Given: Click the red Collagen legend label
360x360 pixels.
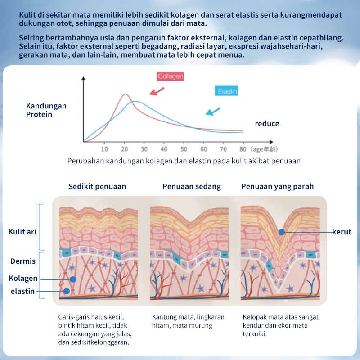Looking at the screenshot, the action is click(x=170, y=76).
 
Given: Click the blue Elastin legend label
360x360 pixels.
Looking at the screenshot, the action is click(x=227, y=91).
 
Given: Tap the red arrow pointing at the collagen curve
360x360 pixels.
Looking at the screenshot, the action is click(x=157, y=91).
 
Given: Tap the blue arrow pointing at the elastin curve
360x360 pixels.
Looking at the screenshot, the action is click(x=213, y=111).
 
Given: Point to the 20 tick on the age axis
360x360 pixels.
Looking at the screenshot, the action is click(x=124, y=149).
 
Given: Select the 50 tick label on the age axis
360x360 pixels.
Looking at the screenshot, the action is click(x=184, y=149).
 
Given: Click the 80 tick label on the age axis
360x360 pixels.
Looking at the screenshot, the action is click(x=243, y=149).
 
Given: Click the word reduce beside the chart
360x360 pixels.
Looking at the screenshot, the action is click(x=267, y=123).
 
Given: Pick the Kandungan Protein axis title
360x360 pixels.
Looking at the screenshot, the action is click(x=46, y=110).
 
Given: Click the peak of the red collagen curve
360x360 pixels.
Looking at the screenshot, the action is click(x=125, y=94).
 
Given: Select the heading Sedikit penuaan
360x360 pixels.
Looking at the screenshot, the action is click(x=97, y=186).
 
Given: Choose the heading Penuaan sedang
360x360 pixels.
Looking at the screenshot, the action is click(x=192, y=186).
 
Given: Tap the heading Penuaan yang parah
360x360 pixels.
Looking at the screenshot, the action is click(x=278, y=186).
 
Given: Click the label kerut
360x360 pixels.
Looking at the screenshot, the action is click(x=342, y=232).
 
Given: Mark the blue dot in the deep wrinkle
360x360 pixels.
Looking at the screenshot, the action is click(x=282, y=232).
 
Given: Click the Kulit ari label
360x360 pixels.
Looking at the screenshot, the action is click(x=22, y=232).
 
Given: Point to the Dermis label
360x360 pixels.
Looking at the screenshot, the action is click(x=23, y=261).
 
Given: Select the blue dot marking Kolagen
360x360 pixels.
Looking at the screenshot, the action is click(x=73, y=279).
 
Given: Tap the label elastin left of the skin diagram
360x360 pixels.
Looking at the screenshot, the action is click(x=23, y=291).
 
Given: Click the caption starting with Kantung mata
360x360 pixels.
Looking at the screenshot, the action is click(x=188, y=321).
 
